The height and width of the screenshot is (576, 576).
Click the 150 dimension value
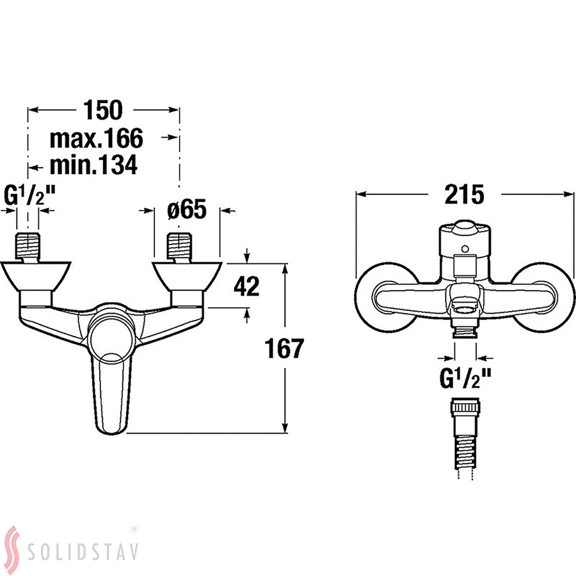[103, 110]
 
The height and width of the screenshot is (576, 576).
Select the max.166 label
[96, 138]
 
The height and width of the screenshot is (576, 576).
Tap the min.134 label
[93, 165]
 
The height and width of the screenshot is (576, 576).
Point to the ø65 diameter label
[187, 209]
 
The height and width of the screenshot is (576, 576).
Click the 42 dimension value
[246, 286]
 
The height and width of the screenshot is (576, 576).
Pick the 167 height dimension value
[284, 349]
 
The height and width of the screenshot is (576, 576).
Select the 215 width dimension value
[465, 194]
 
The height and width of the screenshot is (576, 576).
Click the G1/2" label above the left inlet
[29, 195]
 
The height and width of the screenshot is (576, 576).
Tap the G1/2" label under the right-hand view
[465, 378]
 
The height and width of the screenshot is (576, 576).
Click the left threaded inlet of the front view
[28, 247]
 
